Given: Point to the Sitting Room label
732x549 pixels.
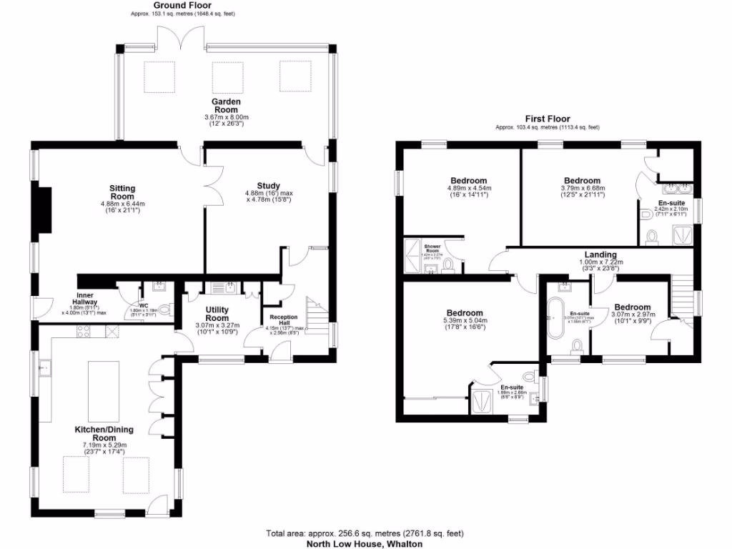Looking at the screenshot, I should click(122, 192).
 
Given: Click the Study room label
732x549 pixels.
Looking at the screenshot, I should click(268, 185).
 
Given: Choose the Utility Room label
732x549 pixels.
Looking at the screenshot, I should click(217, 314).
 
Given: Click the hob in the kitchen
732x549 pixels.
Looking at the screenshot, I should click(83, 331).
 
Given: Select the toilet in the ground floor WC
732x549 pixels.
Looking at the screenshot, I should click(164, 310).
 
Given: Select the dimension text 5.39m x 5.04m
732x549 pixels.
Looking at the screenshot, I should click(465, 321).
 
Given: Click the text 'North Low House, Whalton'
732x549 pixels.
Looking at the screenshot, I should click(365, 543).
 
